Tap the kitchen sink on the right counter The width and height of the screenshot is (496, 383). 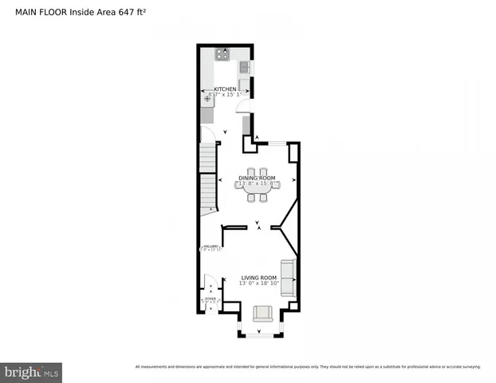pos(245,68)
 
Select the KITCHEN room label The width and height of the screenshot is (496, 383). pos(225,89)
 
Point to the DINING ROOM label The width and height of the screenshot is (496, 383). pos(257,177)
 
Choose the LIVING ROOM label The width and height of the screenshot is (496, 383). pos(259,277)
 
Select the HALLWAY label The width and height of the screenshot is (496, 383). pos(210,246)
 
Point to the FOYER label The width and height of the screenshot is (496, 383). pos(210,299)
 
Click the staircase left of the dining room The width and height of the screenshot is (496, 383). pos(208,180)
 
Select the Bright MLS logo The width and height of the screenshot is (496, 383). pos(31,372)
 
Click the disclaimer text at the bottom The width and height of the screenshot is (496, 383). pos(308,366)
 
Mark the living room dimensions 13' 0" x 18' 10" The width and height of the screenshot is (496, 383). pos(259,283)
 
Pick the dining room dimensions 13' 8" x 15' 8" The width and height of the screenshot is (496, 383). pos(258,184)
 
